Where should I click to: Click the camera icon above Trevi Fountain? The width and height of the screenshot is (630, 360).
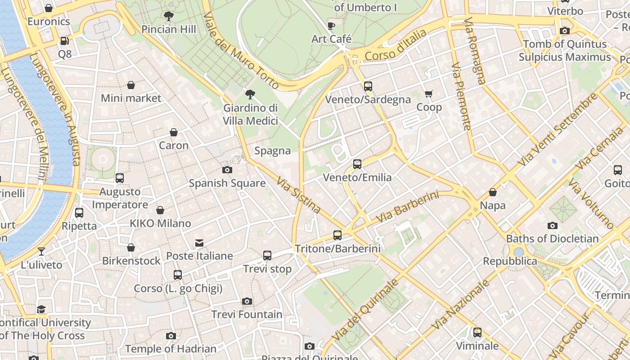247,301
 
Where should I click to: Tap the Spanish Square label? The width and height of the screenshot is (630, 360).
227,183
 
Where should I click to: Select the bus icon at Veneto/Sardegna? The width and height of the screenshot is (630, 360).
368,86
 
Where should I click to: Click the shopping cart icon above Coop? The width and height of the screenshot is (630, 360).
428,94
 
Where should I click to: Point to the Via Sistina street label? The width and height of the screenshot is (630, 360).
298,195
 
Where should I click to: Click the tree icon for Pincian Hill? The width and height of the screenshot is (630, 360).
169,17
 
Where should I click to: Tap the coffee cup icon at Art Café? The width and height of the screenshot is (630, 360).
331,26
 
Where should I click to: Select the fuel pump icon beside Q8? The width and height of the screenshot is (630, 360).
65,41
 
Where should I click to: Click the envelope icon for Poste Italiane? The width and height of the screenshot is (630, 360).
199,243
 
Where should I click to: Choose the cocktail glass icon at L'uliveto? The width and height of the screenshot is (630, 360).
41,252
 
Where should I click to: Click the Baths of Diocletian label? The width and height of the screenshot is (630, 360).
552,238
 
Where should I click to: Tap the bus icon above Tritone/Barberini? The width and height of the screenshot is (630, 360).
337,235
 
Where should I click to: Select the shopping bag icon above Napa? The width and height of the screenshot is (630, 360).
493,192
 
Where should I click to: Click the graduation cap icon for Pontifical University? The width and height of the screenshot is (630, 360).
41,309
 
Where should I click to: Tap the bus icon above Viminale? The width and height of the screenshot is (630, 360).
477,333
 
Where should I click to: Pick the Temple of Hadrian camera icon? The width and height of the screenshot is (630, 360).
171,336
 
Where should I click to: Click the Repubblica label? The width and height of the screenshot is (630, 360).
510,261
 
